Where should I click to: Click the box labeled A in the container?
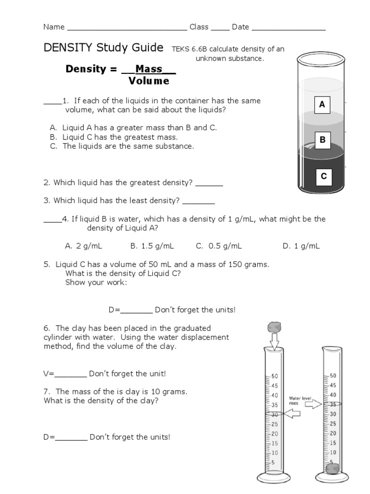click(x=322, y=105)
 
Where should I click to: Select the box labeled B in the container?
click(x=322, y=140)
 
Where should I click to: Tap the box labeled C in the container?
click(x=324, y=177)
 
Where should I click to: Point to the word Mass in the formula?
click(x=149, y=69)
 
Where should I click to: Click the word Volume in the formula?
click(x=149, y=81)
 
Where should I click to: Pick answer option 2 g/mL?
click(x=83, y=246)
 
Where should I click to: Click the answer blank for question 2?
click(x=209, y=183)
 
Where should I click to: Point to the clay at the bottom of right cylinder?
click(x=331, y=467)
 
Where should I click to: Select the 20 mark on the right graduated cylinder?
click(x=333, y=433)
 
